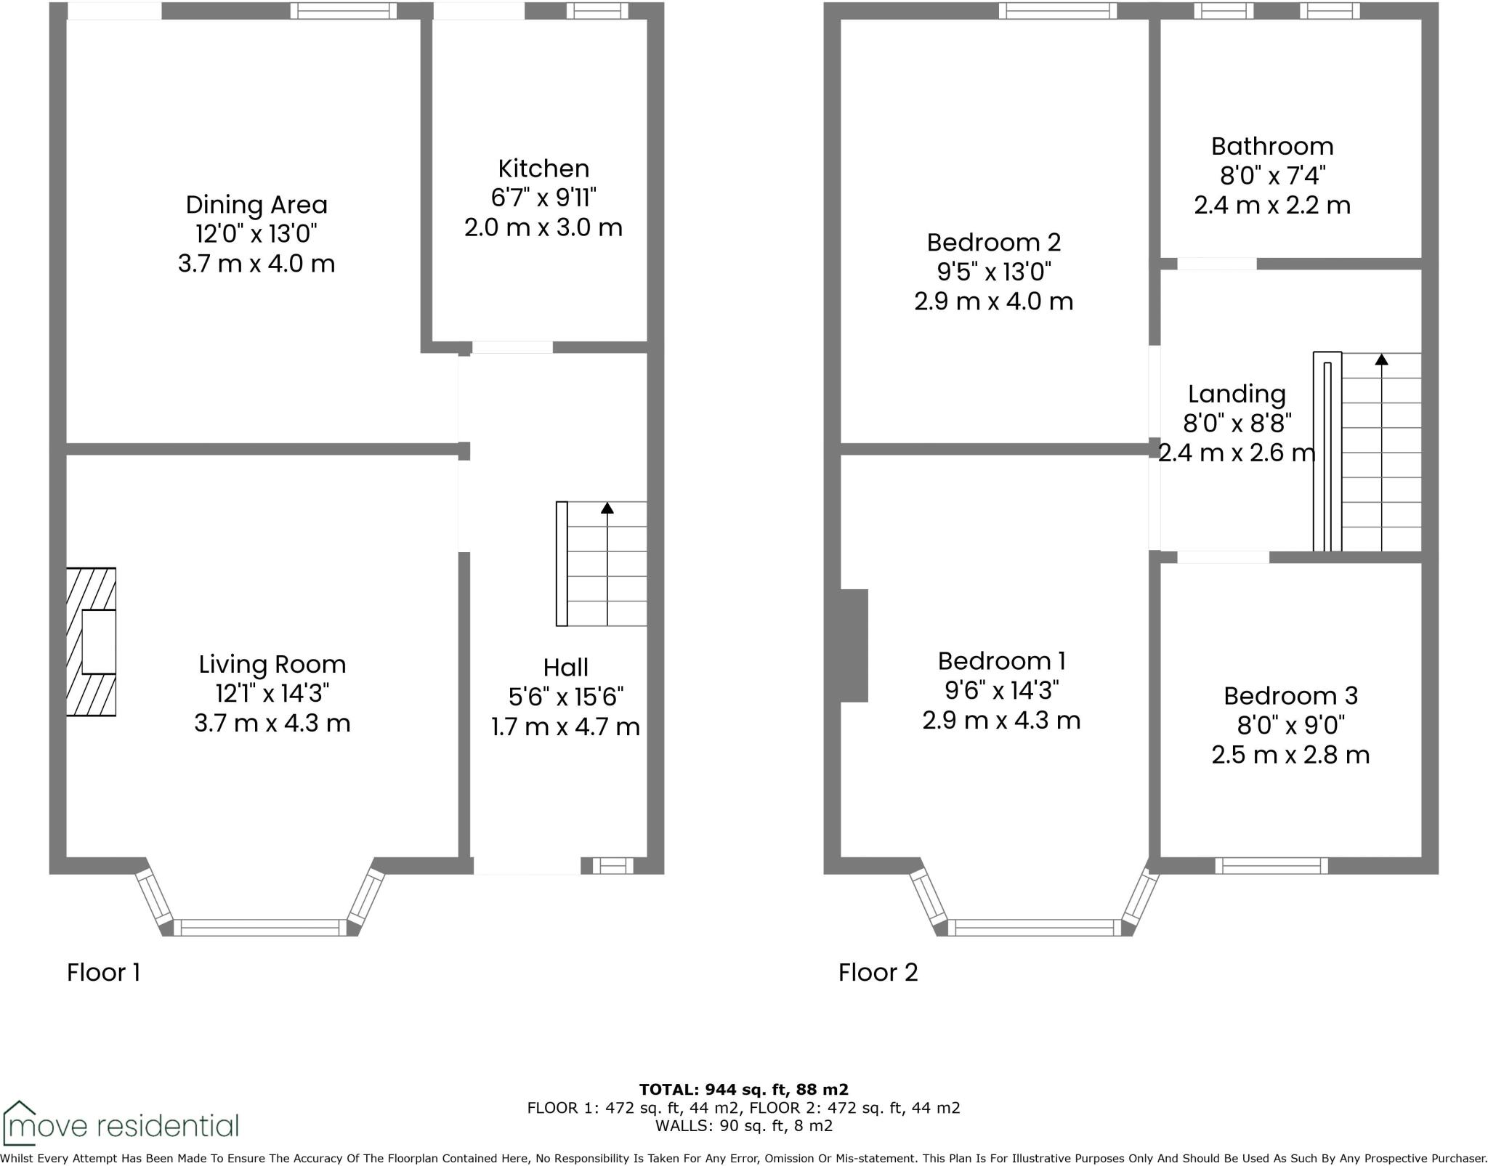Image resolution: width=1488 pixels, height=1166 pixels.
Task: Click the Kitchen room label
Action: point(543,169)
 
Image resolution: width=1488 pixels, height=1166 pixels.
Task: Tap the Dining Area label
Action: point(256,205)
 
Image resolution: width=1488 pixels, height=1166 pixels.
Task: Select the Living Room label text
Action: point(272,664)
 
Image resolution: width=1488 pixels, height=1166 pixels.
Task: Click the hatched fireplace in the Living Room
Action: point(91,641)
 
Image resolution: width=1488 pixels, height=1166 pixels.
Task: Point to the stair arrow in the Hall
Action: point(607,509)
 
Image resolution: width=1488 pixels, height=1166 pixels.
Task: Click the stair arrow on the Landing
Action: point(1381,360)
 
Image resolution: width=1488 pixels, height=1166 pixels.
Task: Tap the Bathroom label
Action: point(1272,146)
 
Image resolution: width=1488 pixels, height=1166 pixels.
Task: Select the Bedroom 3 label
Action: point(1290,695)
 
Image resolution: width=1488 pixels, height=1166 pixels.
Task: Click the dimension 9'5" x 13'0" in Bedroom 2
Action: point(994,272)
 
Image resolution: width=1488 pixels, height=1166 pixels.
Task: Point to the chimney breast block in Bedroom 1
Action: point(854,645)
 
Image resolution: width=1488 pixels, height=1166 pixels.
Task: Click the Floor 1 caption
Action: point(103,972)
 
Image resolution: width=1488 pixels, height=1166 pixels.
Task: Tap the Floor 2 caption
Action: point(878,972)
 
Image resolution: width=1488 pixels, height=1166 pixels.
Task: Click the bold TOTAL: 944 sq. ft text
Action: point(743,1089)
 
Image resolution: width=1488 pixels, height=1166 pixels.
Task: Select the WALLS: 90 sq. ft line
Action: point(743,1126)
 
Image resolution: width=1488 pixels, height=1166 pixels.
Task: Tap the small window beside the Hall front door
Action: point(612,865)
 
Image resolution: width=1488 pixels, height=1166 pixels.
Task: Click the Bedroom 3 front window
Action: point(1271,865)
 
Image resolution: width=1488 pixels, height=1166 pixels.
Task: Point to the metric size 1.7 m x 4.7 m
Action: point(565,726)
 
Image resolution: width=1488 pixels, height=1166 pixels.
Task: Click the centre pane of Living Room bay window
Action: point(260,927)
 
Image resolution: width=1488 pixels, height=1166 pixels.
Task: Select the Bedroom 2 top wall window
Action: point(1057,10)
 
